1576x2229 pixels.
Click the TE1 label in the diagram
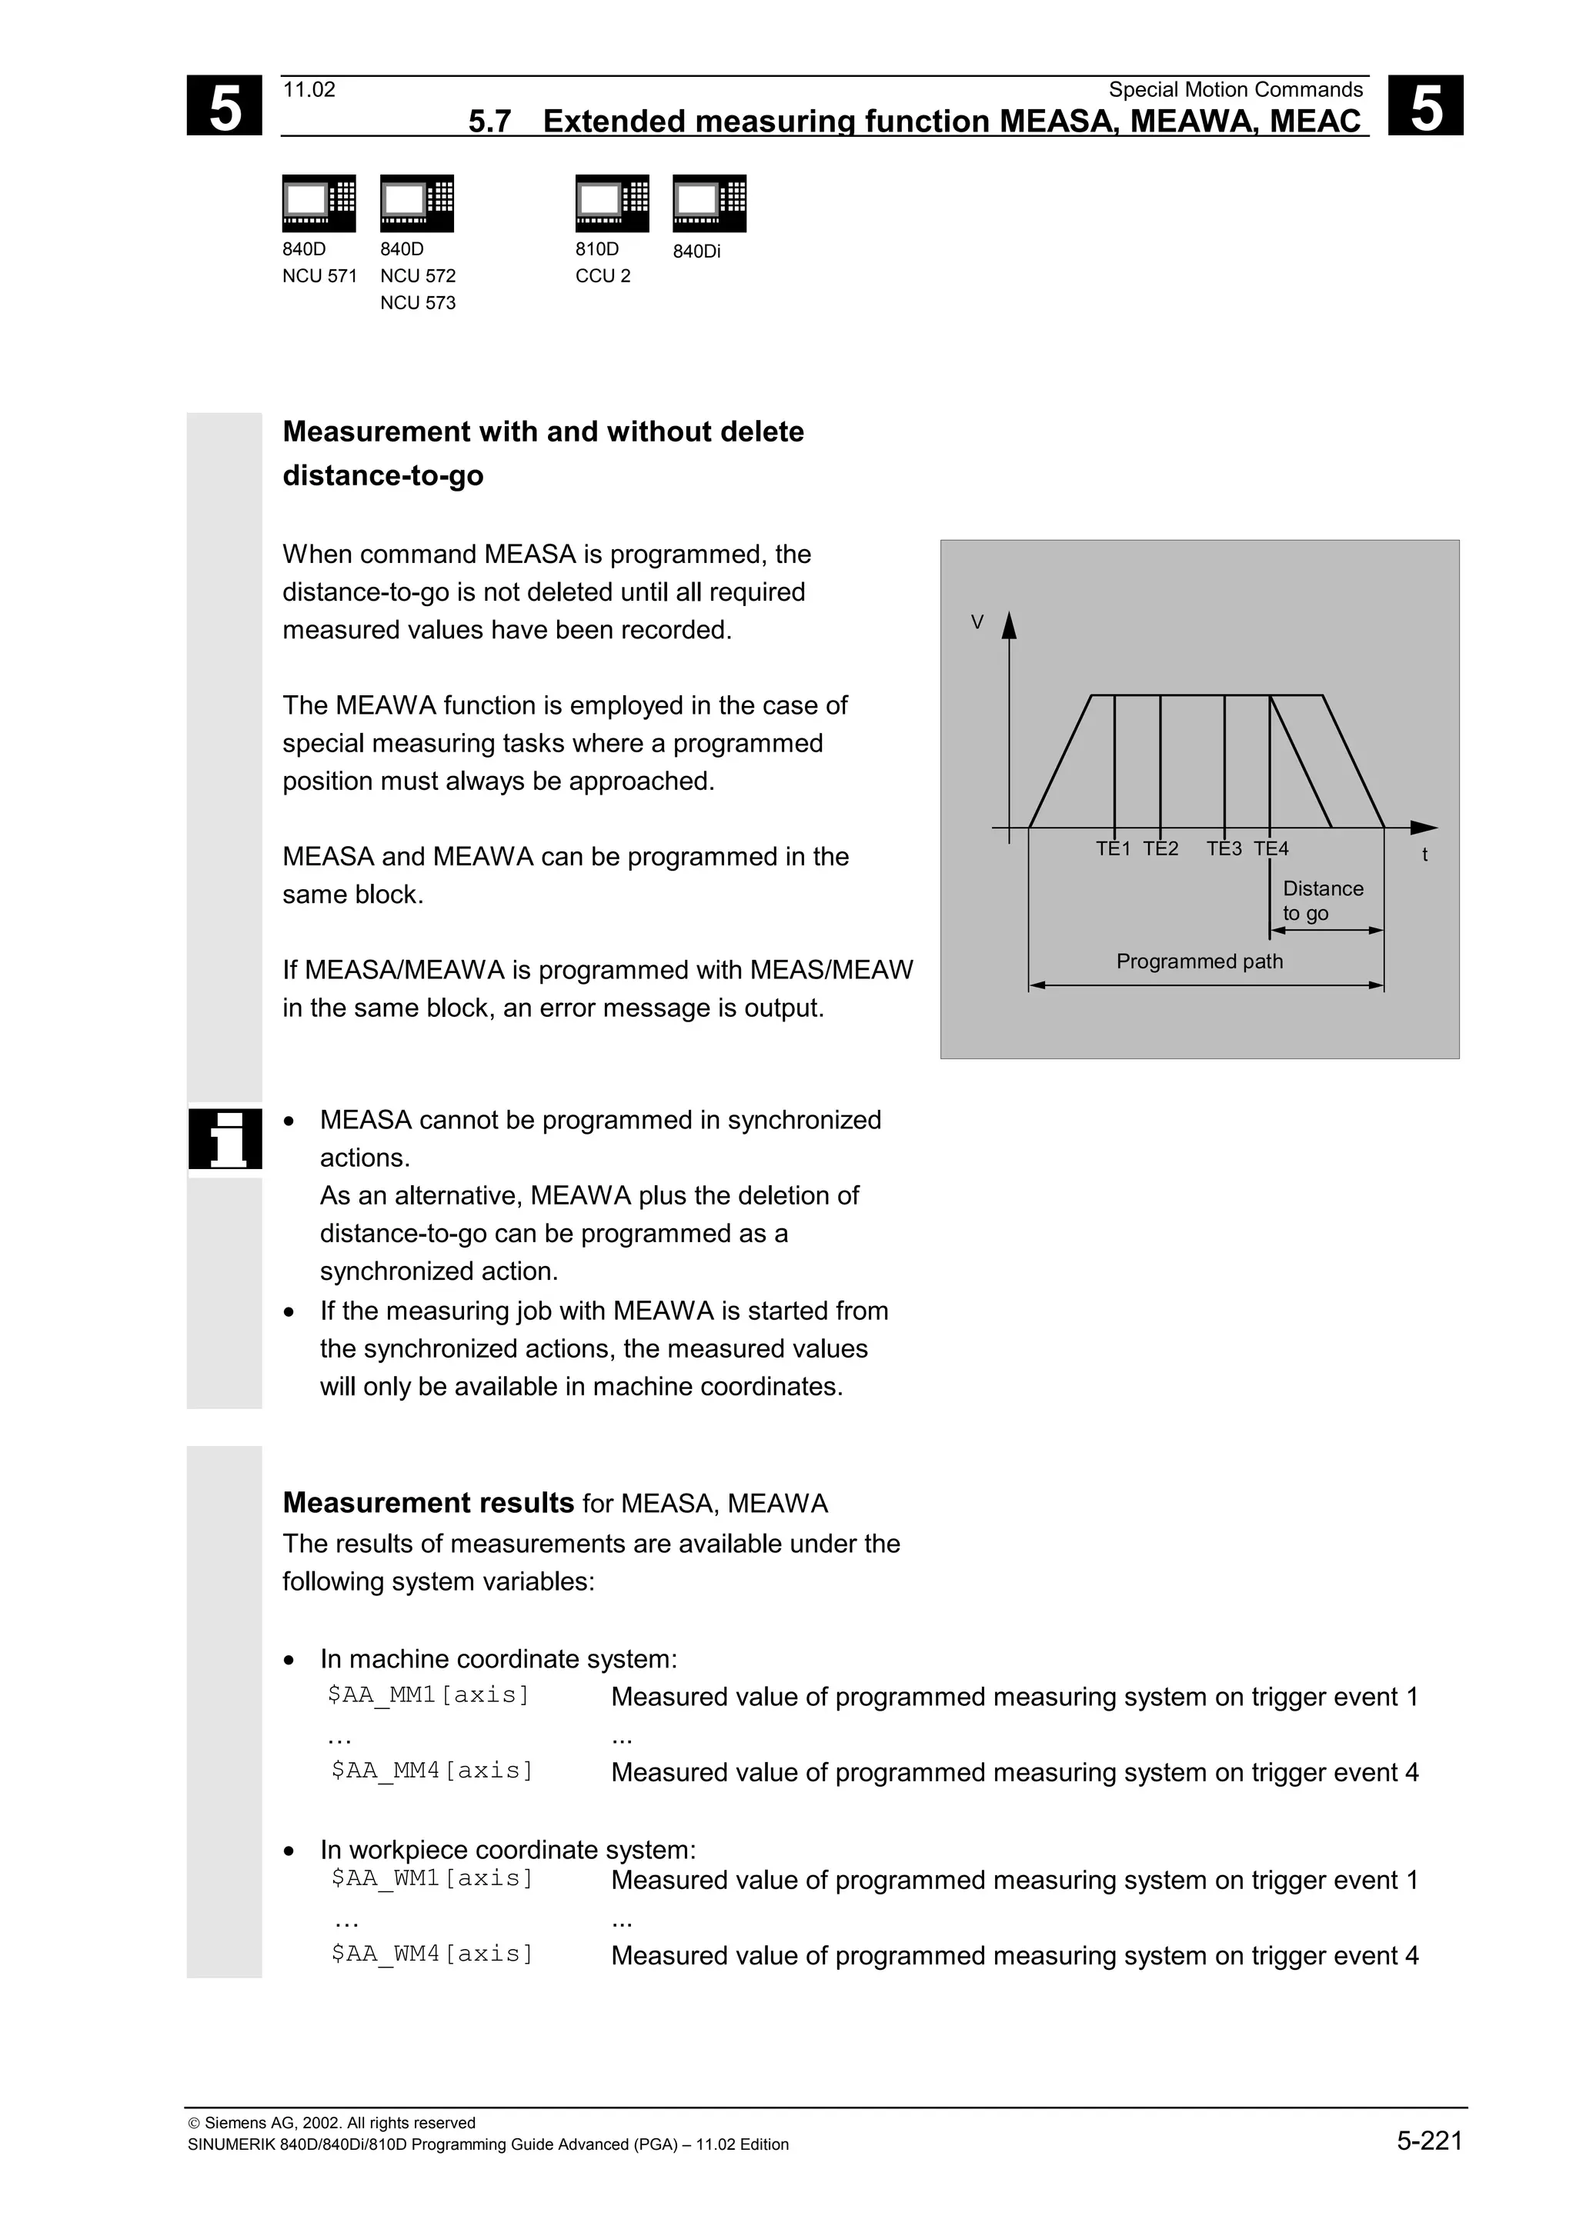pos(1113,848)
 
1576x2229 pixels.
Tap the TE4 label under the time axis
pos(1270,848)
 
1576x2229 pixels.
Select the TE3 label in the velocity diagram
pos(1224,848)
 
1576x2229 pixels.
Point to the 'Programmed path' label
pos(1199,961)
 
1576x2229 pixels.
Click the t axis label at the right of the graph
pos(1424,855)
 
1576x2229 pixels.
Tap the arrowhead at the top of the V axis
pos(1009,626)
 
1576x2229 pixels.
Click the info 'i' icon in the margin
pos(225,1139)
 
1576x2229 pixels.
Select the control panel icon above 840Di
pos(709,203)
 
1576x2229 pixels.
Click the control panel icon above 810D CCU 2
pos(612,203)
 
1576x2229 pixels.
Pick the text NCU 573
pos(418,303)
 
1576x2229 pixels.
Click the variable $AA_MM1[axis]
pos(428,1695)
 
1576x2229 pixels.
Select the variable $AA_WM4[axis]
pos(432,1954)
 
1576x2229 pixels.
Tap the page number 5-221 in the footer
pos(1429,2141)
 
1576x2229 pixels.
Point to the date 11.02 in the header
pos(309,90)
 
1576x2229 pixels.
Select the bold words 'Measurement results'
pos(427,1503)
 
